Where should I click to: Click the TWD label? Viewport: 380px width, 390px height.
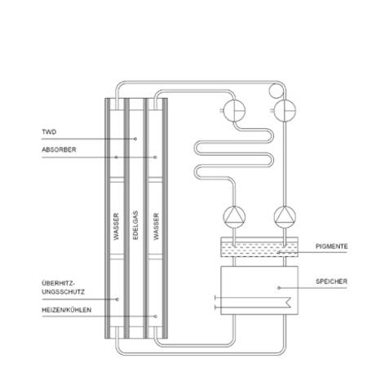(x=49, y=132)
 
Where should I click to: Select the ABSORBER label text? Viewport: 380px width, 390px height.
(x=59, y=149)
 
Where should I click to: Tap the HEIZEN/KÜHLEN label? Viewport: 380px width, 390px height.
(x=67, y=310)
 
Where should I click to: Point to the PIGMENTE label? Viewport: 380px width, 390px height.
(x=332, y=246)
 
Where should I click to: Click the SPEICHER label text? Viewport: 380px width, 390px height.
(x=332, y=281)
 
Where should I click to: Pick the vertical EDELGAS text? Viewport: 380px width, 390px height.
(x=135, y=225)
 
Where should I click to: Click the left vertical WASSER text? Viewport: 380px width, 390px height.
(x=117, y=226)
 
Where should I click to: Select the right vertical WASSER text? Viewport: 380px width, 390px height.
(x=156, y=226)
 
